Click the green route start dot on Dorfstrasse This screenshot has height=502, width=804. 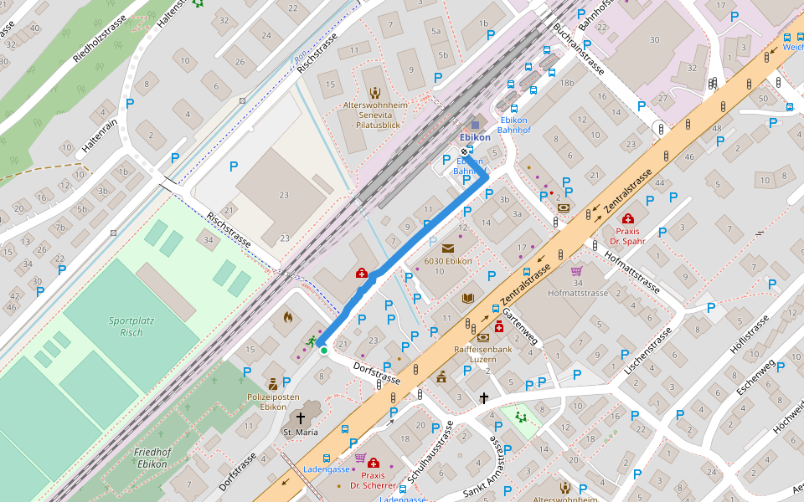(323, 351)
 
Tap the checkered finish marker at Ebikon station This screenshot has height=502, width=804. (465, 151)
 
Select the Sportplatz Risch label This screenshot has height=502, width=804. (125, 326)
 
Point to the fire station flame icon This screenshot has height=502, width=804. (287, 317)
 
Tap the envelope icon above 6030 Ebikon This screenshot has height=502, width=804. (447, 248)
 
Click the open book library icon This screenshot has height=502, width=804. (467, 298)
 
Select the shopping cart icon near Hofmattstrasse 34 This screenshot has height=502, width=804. (576, 271)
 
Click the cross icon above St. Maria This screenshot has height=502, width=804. (300, 417)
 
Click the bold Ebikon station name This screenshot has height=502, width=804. (475, 137)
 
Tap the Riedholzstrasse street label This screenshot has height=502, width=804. (100, 38)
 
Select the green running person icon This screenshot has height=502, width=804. (312, 341)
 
